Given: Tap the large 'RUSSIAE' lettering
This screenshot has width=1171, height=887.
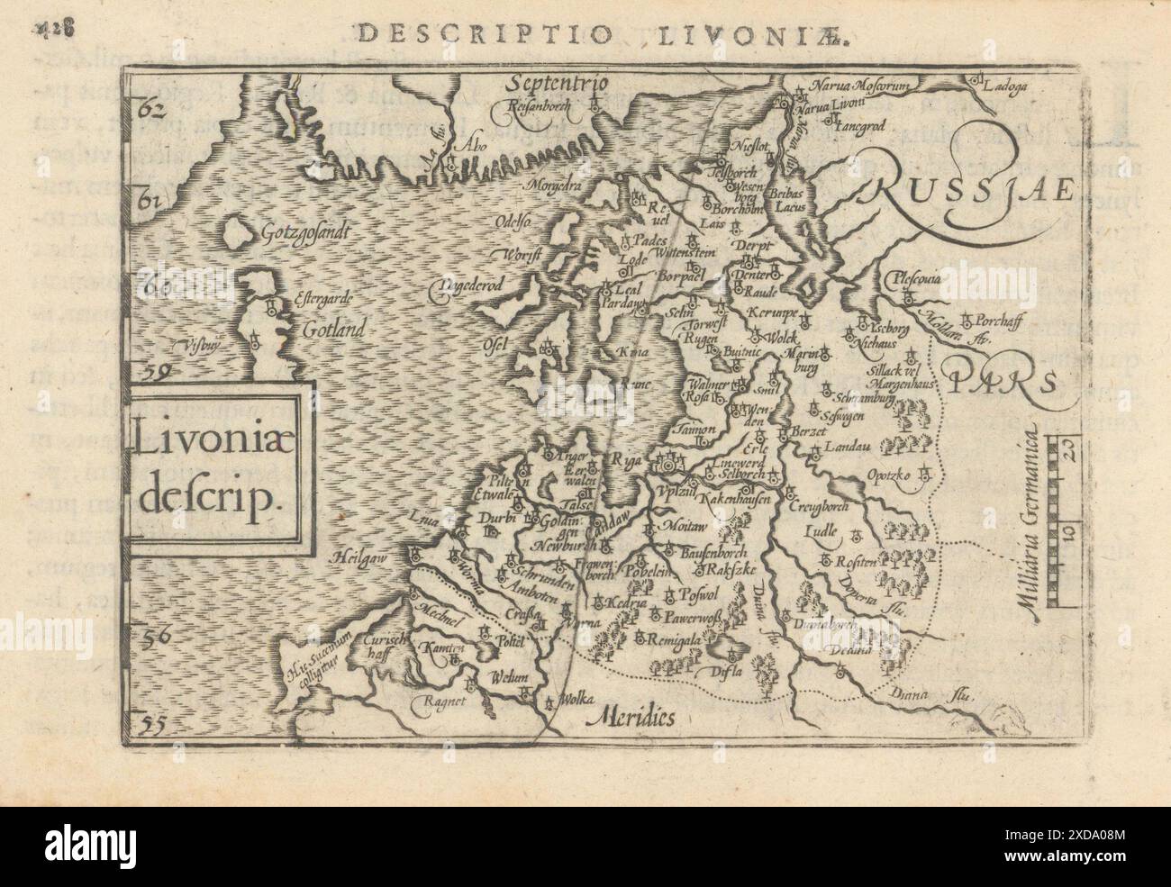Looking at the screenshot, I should (x=973, y=191).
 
